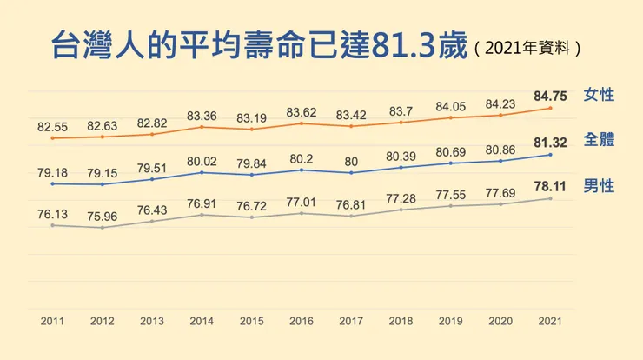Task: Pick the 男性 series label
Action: pos(600,185)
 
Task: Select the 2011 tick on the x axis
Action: pos(53,322)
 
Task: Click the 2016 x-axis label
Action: pos(301,322)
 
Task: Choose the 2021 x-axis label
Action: pos(549,322)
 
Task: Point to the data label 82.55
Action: pos(53,127)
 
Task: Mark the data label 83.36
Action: pos(202,114)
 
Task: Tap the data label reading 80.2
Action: pos(301,158)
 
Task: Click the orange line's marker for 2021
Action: pos(549,108)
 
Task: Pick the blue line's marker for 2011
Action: pos(53,183)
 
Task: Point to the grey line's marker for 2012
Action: pos(103,228)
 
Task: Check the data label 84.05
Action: pos(450,106)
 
